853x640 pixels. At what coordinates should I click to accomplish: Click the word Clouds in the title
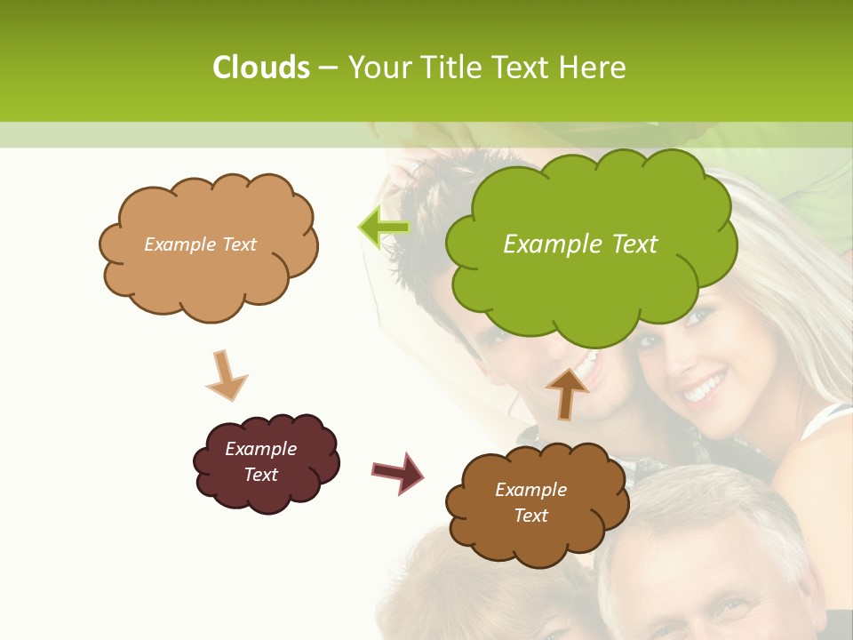click(x=261, y=68)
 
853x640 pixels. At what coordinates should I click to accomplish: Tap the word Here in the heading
click(x=595, y=68)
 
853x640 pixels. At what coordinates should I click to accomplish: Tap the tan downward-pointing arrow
click(x=226, y=377)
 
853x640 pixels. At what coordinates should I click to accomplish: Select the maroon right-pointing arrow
click(x=397, y=473)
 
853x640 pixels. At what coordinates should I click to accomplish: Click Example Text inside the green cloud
click(x=580, y=244)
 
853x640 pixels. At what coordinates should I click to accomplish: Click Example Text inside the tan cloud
click(x=200, y=244)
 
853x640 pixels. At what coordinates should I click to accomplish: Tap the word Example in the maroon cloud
click(x=260, y=449)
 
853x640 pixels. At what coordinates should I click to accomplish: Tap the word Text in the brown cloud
click(x=530, y=516)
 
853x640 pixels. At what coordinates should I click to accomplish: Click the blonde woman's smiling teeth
click(x=705, y=387)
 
